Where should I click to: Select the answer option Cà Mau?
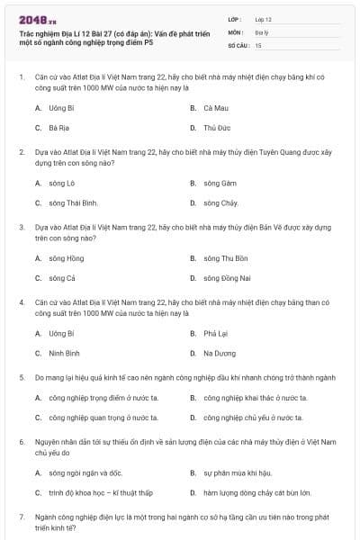coord(215,108)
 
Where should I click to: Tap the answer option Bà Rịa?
coord(59,128)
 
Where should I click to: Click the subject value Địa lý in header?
coord(261,31)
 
